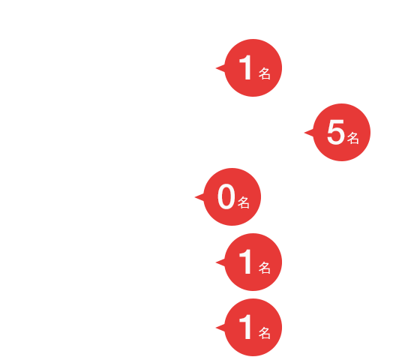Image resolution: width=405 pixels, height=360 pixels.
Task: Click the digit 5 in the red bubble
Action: click(x=335, y=132)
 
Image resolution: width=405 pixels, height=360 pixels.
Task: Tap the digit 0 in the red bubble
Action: click(x=226, y=196)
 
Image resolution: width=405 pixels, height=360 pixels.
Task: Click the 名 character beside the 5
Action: click(x=353, y=138)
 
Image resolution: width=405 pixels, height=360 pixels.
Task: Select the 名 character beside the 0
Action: click(x=244, y=202)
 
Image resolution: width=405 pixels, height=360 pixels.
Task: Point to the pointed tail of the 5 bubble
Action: click(x=305, y=133)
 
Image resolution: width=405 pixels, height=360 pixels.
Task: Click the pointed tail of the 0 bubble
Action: click(x=196, y=197)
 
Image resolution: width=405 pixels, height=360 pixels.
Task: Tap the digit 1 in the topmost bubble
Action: click(x=245, y=67)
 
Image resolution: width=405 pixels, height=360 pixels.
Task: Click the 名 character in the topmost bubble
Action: click(x=265, y=73)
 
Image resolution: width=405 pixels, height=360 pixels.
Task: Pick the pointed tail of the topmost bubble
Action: click(x=217, y=68)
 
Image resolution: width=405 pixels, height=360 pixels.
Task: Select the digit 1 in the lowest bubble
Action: click(x=245, y=327)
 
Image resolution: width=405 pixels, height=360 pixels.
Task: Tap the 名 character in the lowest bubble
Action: click(x=265, y=333)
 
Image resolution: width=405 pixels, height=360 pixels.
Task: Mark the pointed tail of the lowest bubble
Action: click(x=217, y=328)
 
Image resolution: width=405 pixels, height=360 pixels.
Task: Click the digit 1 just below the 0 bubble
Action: click(x=245, y=262)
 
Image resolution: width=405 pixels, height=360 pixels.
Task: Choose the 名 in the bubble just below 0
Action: click(x=265, y=268)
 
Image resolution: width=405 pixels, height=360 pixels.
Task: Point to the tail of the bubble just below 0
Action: click(x=217, y=262)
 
